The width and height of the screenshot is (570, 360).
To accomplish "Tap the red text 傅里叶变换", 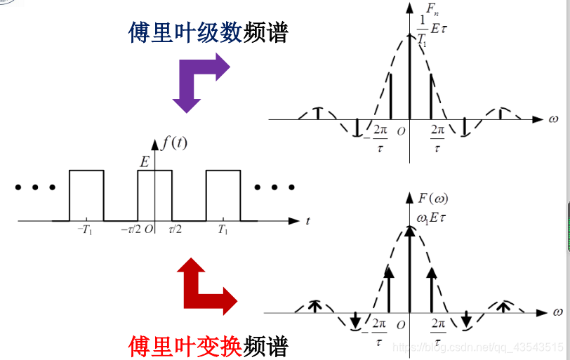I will (x=185, y=345).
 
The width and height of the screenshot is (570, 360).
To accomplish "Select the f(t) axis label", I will (x=174, y=143).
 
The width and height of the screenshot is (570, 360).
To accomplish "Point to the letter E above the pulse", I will (x=145, y=162).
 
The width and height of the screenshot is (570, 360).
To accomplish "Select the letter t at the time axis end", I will (x=307, y=222).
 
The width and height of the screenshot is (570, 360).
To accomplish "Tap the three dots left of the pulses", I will (x=34, y=188).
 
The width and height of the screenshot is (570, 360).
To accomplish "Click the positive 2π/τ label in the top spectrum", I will (x=437, y=138).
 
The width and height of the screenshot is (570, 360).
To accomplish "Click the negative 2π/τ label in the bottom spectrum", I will (x=380, y=331).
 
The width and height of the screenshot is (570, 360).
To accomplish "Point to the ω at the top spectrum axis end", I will (x=555, y=119).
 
